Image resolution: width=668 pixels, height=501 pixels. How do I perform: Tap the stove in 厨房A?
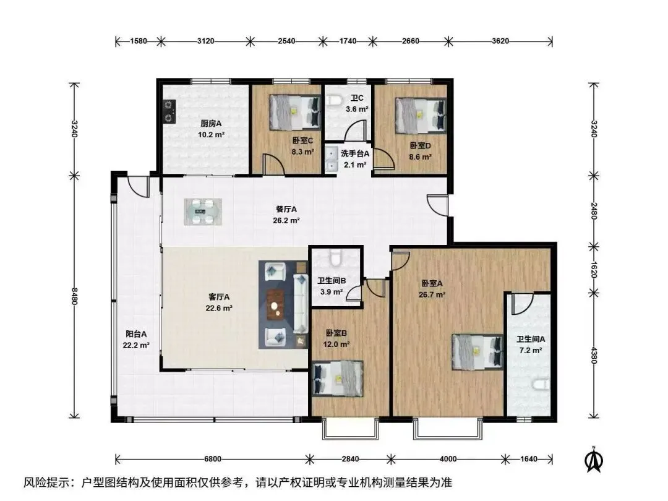[x=169, y=111]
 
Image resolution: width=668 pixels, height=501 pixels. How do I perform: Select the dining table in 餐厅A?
[x=203, y=212]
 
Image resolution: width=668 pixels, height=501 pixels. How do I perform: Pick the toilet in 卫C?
[x=335, y=101]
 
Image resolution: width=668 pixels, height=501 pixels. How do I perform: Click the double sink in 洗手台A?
[x=332, y=158]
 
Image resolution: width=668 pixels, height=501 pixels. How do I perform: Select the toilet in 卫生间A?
[x=541, y=385]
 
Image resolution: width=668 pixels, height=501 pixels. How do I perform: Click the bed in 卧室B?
[x=338, y=379]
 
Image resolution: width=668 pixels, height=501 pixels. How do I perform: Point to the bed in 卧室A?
[x=477, y=352]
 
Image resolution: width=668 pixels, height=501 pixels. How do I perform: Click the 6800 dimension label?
[x=213, y=459]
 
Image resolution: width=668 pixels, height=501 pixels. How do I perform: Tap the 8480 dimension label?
[x=75, y=296]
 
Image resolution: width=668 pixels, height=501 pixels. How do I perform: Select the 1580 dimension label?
[x=139, y=41]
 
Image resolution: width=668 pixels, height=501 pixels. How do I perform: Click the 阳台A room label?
[x=136, y=335]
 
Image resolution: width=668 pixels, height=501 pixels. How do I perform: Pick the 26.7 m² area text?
[x=432, y=294]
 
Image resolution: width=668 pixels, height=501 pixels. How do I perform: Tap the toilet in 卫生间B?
[x=336, y=257]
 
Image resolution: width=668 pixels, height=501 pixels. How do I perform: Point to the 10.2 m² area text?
[x=211, y=135]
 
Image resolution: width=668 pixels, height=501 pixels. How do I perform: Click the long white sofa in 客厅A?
[x=301, y=304]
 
